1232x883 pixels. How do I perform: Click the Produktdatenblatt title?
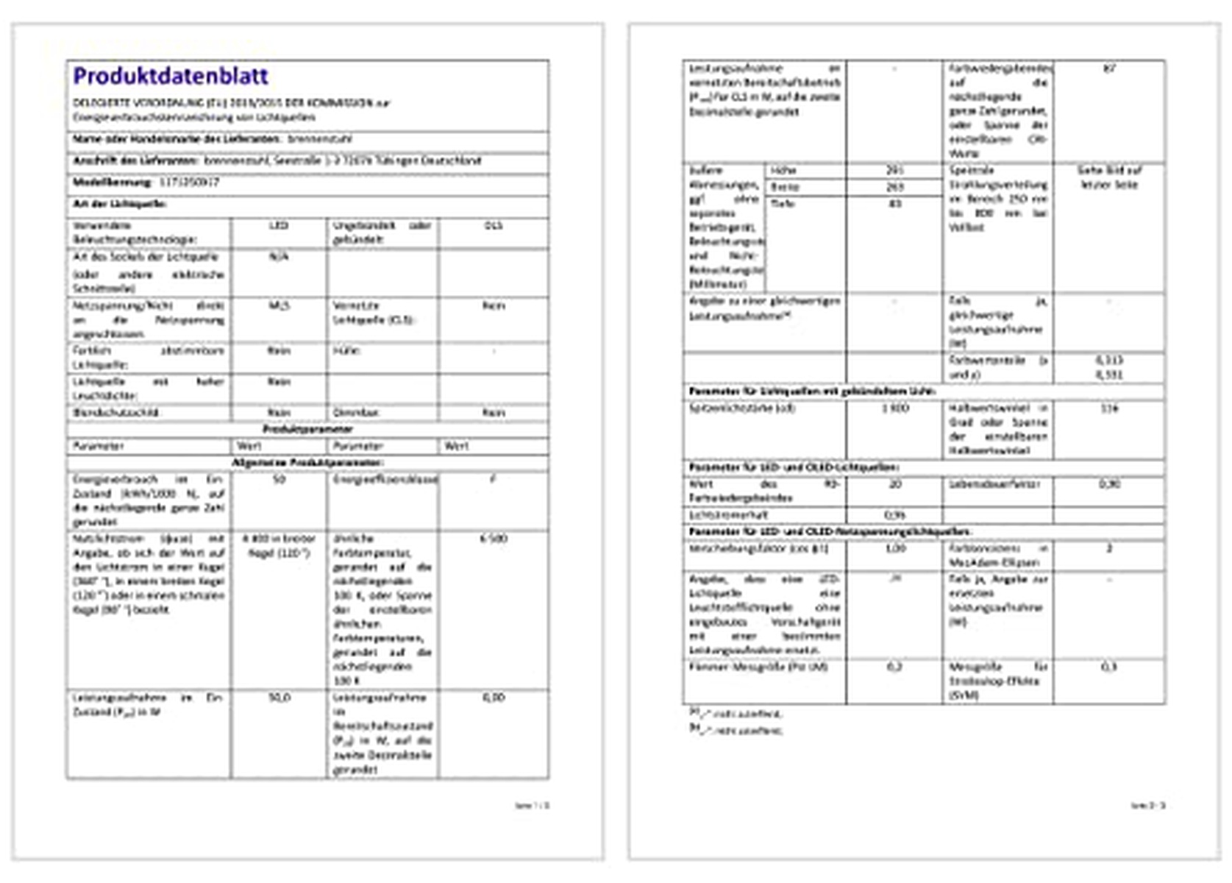click(x=171, y=76)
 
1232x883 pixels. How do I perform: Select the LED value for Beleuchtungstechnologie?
click(x=278, y=226)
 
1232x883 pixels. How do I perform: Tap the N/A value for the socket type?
click(x=278, y=258)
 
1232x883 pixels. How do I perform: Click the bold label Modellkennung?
click(x=112, y=182)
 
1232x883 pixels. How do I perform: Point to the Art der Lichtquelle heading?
click(x=119, y=203)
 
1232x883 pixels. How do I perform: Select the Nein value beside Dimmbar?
click(x=493, y=413)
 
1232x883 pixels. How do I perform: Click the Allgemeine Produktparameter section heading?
click(x=307, y=463)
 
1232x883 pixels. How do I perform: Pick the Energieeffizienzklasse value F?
click(x=493, y=480)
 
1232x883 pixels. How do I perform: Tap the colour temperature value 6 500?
click(x=493, y=539)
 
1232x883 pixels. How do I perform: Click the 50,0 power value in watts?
click(x=279, y=698)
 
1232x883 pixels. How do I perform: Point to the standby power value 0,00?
click(x=493, y=698)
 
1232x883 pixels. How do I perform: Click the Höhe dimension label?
click(x=783, y=171)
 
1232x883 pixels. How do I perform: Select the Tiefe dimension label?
click(x=783, y=204)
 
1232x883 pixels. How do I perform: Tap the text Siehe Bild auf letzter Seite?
click(x=1108, y=177)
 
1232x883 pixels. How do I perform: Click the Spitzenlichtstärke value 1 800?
click(x=894, y=408)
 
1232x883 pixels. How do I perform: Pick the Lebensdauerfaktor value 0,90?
click(x=1108, y=484)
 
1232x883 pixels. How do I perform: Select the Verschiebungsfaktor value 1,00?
click(x=894, y=549)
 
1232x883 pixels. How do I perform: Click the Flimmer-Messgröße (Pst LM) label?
click(x=758, y=667)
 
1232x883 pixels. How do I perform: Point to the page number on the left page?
click(x=532, y=806)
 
